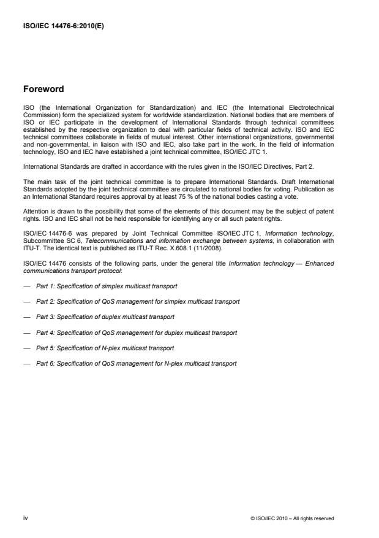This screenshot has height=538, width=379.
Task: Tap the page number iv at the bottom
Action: click(25, 518)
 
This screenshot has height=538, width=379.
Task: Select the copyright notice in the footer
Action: click(293, 518)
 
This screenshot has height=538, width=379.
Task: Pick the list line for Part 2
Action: click(138, 302)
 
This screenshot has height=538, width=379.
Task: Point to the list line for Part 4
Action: click(137, 332)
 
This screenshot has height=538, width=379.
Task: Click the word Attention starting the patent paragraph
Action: click(36, 212)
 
